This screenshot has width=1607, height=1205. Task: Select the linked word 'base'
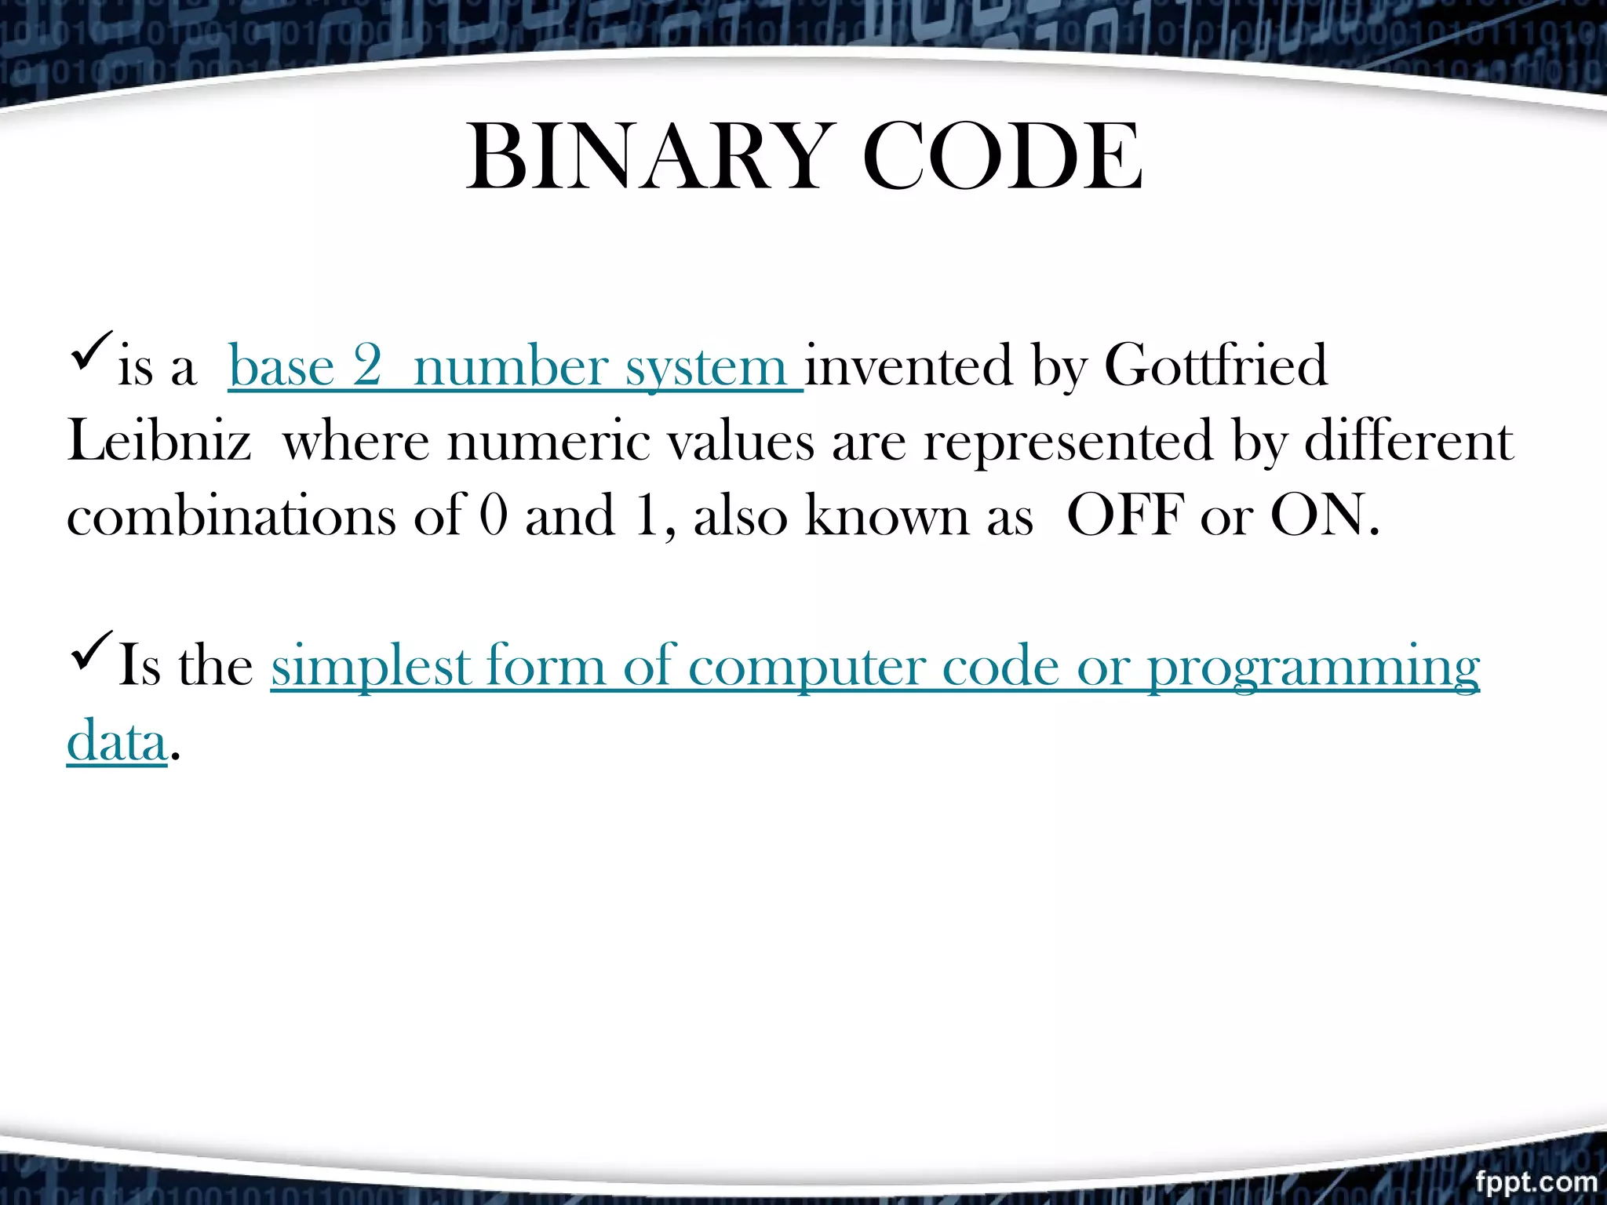(x=281, y=367)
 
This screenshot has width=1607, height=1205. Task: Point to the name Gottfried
(x=1215, y=366)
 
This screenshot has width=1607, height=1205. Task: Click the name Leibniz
(x=159, y=441)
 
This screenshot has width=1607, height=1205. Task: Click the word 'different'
(x=1408, y=441)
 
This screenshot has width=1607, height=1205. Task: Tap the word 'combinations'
(x=231, y=516)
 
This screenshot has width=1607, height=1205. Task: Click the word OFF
(x=1125, y=516)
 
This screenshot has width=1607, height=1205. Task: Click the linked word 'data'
(x=117, y=741)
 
